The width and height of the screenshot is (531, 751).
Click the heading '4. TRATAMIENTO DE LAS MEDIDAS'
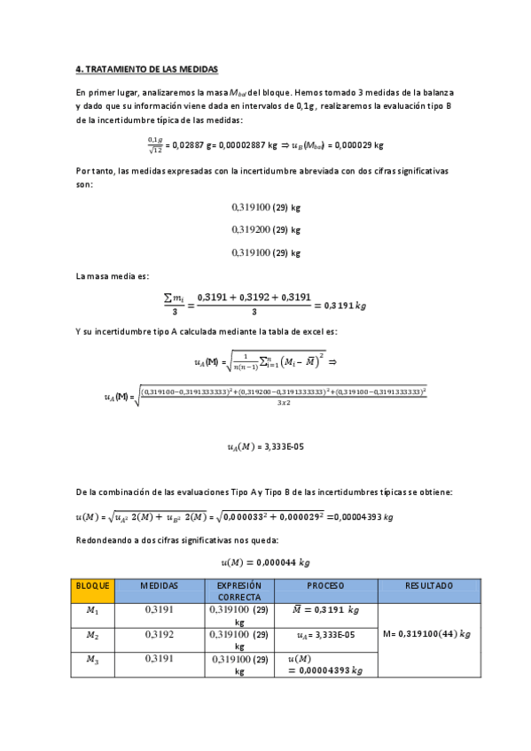tap(146, 68)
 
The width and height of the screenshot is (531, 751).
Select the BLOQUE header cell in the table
tap(93, 585)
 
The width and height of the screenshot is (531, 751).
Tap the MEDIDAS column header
tap(160, 585)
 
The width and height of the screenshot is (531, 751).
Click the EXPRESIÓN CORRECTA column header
tap(239, 591)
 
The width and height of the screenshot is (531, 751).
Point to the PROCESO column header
tap(326, 585)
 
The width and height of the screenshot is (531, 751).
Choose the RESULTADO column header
tap(429, 585)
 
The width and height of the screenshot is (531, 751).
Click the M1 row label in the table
tap(93, 610)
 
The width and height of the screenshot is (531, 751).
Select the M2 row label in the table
tap(93, 635)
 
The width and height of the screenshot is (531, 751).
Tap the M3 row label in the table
tap(93, 659)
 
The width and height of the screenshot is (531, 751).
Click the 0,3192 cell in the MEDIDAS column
tap(160, 635)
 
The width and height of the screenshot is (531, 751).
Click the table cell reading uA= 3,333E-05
tap(326, 635)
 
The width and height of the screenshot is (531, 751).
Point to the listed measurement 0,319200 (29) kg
tap(266, 229)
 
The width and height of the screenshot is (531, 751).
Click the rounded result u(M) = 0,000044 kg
tap(266, 561)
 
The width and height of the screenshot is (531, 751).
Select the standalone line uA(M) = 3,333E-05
tap(266, 447)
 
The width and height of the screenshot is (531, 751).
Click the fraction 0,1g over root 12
tap(155, 143)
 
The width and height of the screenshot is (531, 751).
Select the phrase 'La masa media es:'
tap(113, 277)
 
